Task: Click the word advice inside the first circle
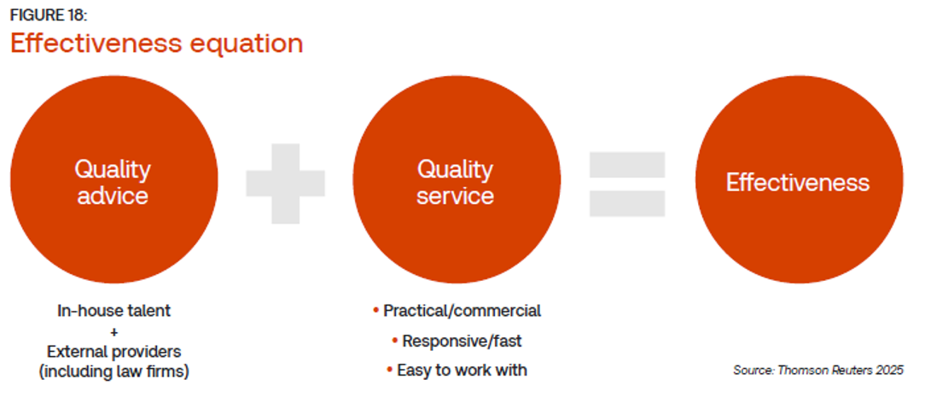113,195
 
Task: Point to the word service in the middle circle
456,195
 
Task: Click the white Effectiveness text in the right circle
798,182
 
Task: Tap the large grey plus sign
286,184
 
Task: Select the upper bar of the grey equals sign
627,164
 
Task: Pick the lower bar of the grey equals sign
627,203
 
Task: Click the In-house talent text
114,310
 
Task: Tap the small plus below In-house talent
114,332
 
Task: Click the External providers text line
114,351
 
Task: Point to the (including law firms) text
114,372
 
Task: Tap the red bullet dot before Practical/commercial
375,311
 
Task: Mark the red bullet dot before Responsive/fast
395,342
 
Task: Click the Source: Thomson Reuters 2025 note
818,371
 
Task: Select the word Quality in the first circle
113,170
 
